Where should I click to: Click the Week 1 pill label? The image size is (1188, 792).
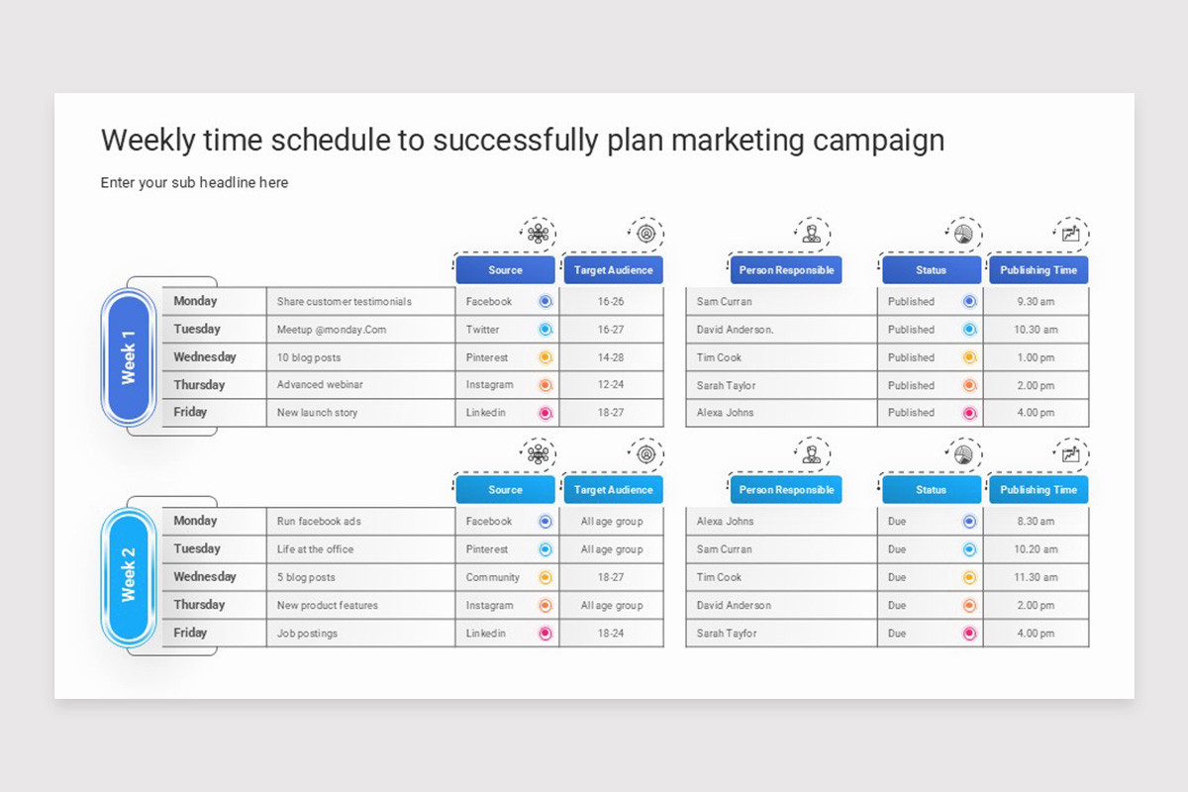pyautogui.click(x=129, y=357)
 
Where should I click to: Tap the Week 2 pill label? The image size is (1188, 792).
pyautogui.click(x=129, y=576)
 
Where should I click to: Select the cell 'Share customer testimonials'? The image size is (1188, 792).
pyautogui.click(x=345, y=301)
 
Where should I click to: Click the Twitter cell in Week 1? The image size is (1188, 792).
pyautogui.click(x=483, y=330)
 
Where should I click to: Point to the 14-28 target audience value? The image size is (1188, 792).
pyautogui.click(x=611, y=357)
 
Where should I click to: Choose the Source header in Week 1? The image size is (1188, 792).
pyautogui.click(x=506, y=270)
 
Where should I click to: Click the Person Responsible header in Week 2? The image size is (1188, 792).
pyautogui.click(x=786, y=490)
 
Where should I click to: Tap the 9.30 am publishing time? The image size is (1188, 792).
pyautogui.click(x=1036, y=301)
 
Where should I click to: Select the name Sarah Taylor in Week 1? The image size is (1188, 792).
pyautogui.click(x=726, y=386)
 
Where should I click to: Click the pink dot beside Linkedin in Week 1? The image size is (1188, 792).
pyautogui.click(x=545, y=413)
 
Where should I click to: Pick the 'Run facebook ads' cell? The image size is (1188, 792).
pyautogui.click(x=319, y=521)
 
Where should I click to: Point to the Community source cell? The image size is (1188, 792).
pyautogui.click(x=493, y=577)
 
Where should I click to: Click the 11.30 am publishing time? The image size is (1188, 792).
pyautogui.click(x=1036, y=577)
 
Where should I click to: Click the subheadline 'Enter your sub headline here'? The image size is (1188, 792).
pyautogui.click(x=194, y=182)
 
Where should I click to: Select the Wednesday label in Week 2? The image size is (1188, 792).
pyautogui.click(x=205, y=576)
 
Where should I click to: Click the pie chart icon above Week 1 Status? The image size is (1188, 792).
pyautogui.click(x=963, y=234)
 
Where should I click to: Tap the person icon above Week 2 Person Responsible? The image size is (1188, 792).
pyautogui.click(x=812, y=454)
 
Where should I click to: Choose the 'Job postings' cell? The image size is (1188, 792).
pyautogui.click(x=307, y=634)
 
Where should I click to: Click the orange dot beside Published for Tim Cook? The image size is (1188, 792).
pyautogui.click(x=969, y=357)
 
